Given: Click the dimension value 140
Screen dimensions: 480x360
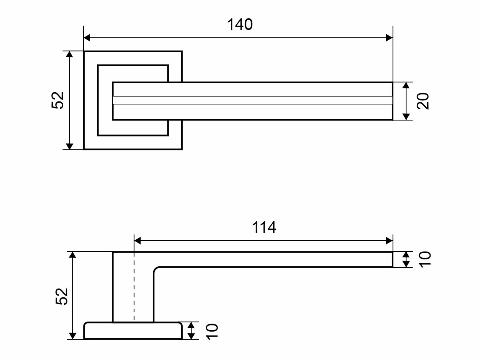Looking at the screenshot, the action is (x=240, y=25).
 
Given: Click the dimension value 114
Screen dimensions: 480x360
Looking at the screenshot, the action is (x=264, y=228).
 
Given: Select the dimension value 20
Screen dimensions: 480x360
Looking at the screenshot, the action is (x=423, y=101).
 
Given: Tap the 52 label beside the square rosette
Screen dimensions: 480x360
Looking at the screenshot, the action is (x=58, y=100).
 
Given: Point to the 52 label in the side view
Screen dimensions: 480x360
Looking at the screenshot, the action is (x=62, y=296).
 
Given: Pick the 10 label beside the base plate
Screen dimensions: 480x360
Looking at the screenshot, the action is (x=212, y=331).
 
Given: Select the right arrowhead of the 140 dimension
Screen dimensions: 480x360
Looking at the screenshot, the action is (x=389, y=38).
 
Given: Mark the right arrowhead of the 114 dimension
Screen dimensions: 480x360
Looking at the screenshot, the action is (x=389, y=241).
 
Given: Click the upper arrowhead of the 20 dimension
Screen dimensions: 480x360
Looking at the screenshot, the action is (x=406, y=85).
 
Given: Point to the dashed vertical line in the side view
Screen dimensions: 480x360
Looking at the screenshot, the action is (x=134, y=288).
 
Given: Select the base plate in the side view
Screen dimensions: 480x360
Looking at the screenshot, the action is (x=133, y=331).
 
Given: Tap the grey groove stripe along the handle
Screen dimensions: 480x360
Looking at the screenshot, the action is (x=253, y=100).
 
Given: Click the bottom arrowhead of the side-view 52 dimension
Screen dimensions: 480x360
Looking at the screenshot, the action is (x=73, y=336).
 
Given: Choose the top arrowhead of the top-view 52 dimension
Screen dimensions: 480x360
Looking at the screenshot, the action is (x=69, y=54).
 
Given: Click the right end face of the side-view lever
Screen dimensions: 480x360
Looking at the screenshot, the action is (x=392, y=260).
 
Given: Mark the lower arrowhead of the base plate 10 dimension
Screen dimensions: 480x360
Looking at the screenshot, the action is (x=191, y=336).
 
